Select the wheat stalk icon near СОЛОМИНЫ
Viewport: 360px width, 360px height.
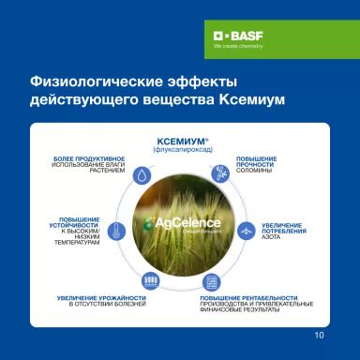click(x=217, y=172)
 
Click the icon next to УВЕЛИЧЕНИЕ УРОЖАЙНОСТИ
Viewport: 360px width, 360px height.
click(x=149, y=281)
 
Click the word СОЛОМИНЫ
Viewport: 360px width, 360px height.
click(x=252, y=170)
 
